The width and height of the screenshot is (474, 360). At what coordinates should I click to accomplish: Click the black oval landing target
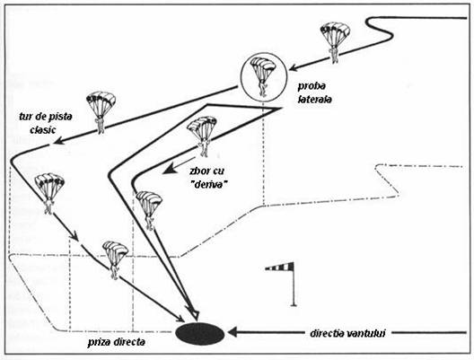point(200,333)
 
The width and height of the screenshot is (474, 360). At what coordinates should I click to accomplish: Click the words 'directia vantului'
point(347,333)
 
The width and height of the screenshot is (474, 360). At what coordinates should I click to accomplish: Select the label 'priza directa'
point(117,342)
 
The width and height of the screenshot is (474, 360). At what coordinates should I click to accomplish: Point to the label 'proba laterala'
point(314,92)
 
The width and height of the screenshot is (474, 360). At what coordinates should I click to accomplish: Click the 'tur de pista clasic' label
point(46,123)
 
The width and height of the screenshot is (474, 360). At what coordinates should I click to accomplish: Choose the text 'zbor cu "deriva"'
point(208,177)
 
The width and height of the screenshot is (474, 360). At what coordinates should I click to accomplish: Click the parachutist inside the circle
point(263,77)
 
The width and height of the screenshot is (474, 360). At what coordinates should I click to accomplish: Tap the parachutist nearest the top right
point(335,42)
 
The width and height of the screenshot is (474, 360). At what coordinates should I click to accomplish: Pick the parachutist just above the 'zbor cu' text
point(202,136)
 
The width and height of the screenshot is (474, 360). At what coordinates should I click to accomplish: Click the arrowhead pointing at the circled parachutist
point(294,67)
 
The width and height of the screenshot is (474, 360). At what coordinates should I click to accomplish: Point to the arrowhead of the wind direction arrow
point(233,332)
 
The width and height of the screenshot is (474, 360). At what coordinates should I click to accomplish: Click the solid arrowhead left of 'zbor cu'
point(169,169)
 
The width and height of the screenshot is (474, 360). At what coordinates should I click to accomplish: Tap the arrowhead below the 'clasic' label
point(58,140)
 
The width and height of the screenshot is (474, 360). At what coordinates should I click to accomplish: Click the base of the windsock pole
point(293,304)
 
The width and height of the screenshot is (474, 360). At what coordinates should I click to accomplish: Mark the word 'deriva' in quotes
point(209,184)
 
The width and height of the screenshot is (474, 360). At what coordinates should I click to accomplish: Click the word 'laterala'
point(315,99)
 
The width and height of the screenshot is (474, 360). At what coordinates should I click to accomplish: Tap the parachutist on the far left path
point(49,194)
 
